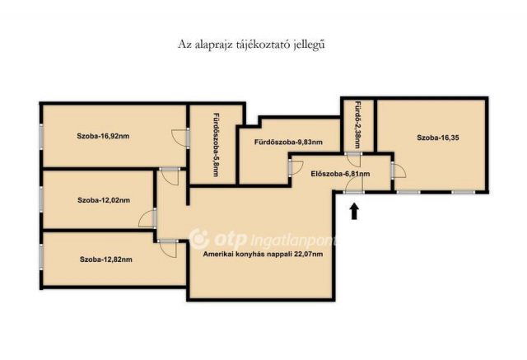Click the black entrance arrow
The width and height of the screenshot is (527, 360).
click(354, 212)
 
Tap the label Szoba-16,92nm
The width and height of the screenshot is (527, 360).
click(103, 136)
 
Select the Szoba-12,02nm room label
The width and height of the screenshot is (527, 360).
click(104, 200)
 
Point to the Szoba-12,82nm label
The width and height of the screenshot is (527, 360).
click(106, 259)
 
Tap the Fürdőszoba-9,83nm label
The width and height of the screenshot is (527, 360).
click(288, 143)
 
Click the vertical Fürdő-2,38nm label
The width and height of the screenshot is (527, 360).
click(357, 124)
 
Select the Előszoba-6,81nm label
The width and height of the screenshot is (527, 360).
click(340, 174)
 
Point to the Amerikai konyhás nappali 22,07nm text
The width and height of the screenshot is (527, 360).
click(263, 254)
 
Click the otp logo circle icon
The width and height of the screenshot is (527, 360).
click(198, 238)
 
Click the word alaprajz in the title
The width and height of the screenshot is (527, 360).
click(212, 45)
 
